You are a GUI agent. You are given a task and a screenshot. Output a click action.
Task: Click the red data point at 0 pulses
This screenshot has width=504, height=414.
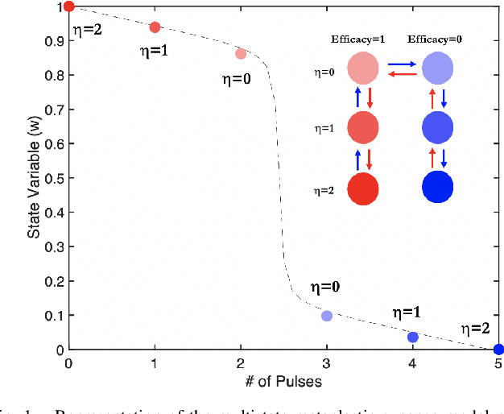coord(68,6)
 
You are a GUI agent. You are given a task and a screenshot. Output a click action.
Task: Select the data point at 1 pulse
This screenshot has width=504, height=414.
coord(155,27)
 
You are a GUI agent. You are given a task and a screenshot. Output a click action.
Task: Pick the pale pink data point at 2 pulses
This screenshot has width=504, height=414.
coord(241,54)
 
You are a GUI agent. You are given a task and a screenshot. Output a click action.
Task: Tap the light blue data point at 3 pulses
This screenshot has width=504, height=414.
coord(327,316)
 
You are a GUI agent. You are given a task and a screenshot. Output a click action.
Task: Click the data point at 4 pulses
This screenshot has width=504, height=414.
coord(413,337)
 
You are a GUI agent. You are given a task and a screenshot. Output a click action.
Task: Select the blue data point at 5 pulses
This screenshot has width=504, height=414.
coord(498,349)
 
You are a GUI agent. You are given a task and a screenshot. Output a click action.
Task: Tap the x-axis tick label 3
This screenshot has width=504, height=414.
coord(327,363)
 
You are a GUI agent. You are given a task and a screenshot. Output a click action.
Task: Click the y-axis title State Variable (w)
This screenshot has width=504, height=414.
coord(34,178)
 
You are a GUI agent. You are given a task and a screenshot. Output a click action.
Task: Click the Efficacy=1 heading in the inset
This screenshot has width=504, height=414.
coord(357,39)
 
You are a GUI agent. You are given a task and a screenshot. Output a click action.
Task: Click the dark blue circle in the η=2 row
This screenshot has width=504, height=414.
coord(438,187)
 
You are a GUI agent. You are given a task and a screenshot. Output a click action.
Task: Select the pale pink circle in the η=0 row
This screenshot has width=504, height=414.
coord(363,68)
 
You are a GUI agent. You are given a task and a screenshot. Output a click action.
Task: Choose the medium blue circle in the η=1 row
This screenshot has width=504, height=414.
coord(438,127)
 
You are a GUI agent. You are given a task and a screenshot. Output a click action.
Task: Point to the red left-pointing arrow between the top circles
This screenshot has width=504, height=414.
coord(401,74)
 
